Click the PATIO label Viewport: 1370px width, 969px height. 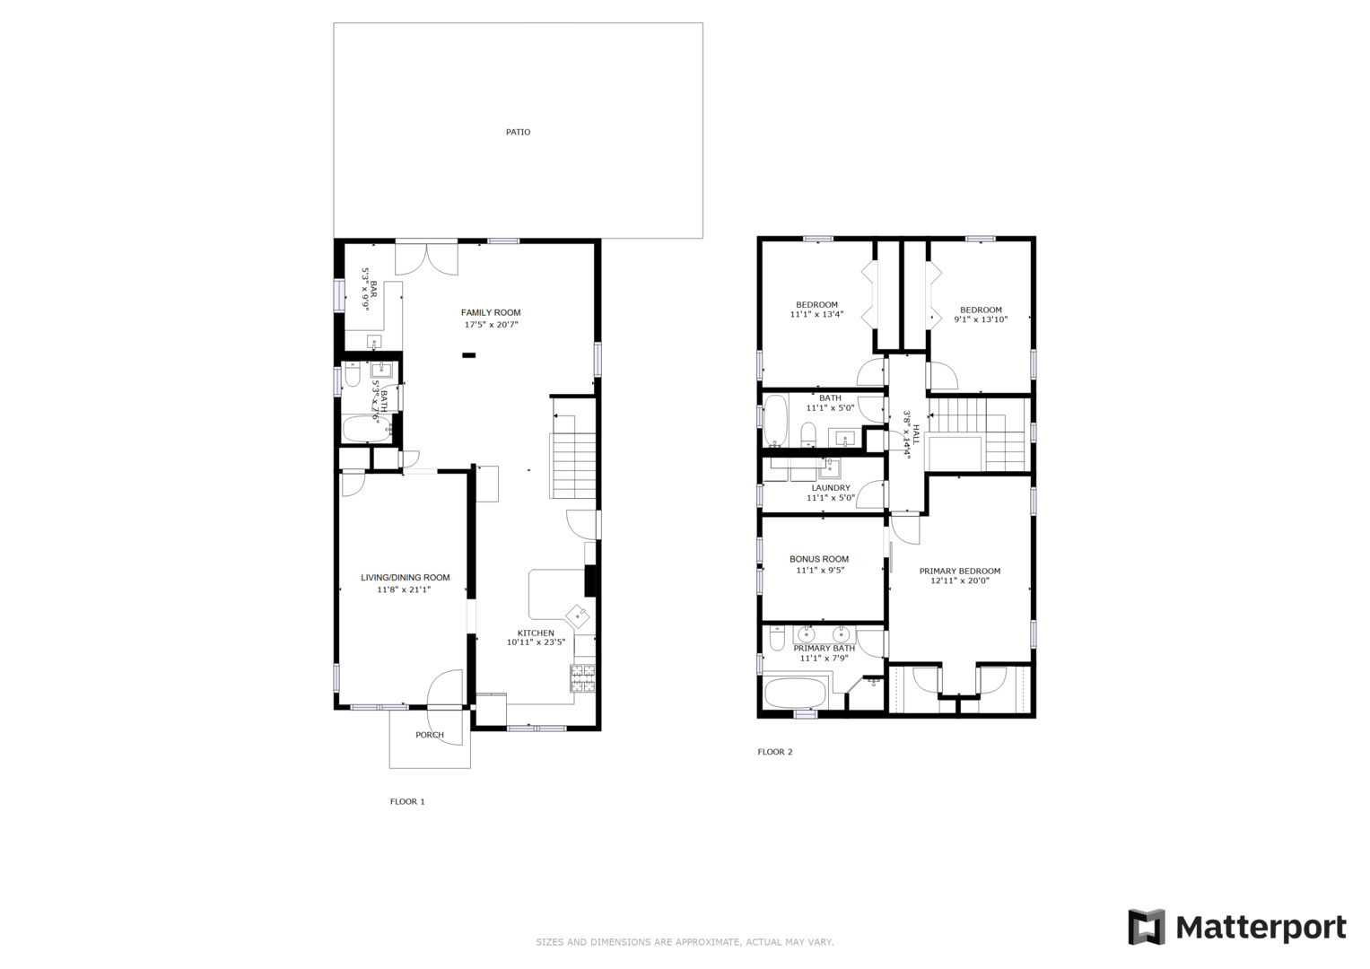point(518,132)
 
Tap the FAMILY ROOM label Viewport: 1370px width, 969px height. point(491,312)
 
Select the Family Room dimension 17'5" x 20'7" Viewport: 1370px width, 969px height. point(491,325)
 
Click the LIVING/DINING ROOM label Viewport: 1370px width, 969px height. point(405,578)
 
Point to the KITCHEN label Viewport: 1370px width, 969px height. point(535,633)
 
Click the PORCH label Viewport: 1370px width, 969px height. point(430,735)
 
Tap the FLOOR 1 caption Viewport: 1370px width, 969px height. point(407,801)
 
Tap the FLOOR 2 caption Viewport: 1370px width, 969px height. point(775,752)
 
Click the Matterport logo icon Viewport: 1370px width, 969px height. point(1146,927)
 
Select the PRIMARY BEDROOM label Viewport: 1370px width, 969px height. point(959,571)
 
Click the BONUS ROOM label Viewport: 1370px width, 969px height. point(819,559)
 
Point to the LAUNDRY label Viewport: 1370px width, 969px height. point(830,488)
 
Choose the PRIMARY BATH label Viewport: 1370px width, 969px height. point(824,648)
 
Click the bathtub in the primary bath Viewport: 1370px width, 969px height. point(795,694)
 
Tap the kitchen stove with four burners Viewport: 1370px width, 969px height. point(583,679)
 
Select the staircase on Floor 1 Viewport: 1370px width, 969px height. point(573,465)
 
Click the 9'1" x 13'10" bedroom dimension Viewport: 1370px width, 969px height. point(980,319)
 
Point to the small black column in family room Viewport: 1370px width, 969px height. point(468,355)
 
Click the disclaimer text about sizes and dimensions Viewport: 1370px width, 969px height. point(685,942)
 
